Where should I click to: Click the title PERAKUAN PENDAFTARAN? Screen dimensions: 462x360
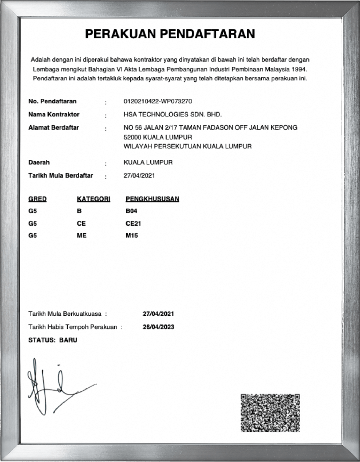pyautogui.click(x=170, y=34)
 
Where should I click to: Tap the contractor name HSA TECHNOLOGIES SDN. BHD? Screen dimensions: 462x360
pyautogui.click(x=173, y=115)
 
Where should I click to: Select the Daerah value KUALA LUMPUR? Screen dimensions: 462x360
pyautogui.click(x=148, y=162)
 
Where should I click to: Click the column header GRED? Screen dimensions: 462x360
pyautogui.click(x=37, y=199)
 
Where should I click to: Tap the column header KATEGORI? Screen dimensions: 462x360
pyautogui.click(x=93, y=199)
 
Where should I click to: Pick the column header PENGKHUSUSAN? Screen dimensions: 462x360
pyautogui.click(x=152, y=199)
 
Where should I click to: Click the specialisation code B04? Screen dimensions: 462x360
pyautogui.click(x=131, y=211)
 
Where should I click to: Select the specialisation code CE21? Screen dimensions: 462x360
pyautogui.click(x=133, y=224)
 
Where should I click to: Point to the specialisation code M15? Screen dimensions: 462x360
pyautogui.click(x=132, y=236)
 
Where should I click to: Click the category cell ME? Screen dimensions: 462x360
pyautogui.click(x=81, y=236)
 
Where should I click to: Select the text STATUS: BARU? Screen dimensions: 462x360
pyautogui.click(x=52, y=340)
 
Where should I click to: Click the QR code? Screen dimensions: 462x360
pyautogui.click(x=270, y=413)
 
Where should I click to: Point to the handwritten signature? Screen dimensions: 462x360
pyautogui.click(x=57, y=386)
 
